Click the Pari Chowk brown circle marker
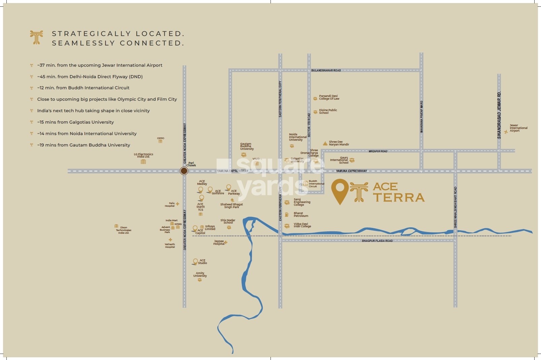(x=184, y=171)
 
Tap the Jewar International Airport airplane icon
(x=506, y=132)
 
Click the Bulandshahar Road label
(x=326, y=70)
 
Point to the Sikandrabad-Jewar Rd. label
(x=499, y=115)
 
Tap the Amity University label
(x=200, y=274)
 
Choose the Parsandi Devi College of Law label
(x=329, y=97)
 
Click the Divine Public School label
(x=328, y=111)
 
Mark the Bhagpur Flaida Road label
(x=377, y=241)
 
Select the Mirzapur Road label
(x=378, y=151)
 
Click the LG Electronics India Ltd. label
(x=144, y=155)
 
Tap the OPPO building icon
(x=160, y=141)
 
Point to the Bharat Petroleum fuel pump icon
(x=287, y=215)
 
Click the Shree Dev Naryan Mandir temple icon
(x=325, y=143)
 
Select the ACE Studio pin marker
(x=195, y=262)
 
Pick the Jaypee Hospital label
(x=219, y=242)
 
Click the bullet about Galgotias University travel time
(x=75, y=122)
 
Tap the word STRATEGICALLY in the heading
(x=91, y=34)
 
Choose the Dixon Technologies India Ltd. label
(x=124, y=230)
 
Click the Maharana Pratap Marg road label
(x=421, y=117)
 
